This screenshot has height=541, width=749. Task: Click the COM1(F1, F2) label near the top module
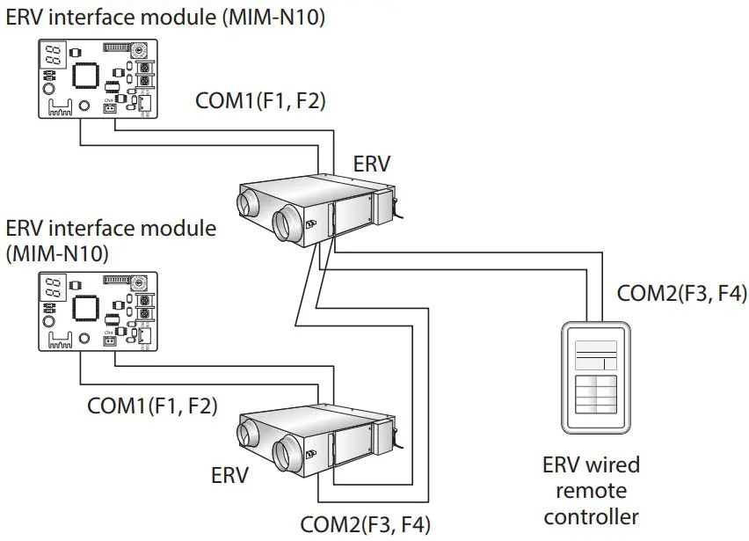click(260, 101)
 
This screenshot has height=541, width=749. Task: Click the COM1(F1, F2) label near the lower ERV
click(152, 406)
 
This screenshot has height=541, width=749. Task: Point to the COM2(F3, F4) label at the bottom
click(366, 525)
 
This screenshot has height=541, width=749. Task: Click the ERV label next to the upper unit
click(372, 164)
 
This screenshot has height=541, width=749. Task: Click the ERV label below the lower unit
click(230, 476)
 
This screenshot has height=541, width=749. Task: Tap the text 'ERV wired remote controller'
click(591, 490)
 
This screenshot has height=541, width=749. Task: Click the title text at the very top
click(165, 15)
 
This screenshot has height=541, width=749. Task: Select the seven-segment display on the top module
click(52, 54)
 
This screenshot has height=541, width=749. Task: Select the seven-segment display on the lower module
click(52, 286)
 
